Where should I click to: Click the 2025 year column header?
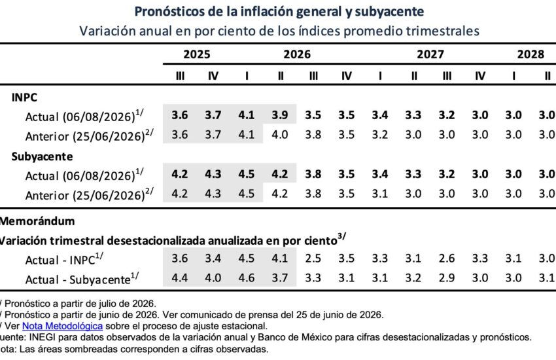click(197, 54)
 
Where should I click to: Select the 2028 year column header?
click(530, 54)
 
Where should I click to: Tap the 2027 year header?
click(430, 54)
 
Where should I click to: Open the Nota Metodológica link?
click(62, 326)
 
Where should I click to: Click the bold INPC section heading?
click(24, 98)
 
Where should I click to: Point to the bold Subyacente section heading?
click(43, 156)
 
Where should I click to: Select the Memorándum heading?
click(37, 221)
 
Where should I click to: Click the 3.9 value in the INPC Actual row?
click(280, 115)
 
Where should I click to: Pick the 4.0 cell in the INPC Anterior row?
click(280, 135)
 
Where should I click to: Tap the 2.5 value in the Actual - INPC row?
click(313, 258)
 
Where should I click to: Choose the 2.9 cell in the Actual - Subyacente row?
click(447, 278)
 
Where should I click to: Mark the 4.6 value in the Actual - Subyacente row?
click(247, 278)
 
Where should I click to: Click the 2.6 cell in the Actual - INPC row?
click(447, 258)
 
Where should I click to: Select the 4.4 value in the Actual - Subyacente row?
click(180, 278)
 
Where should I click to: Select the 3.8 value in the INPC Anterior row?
click(313, 135)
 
